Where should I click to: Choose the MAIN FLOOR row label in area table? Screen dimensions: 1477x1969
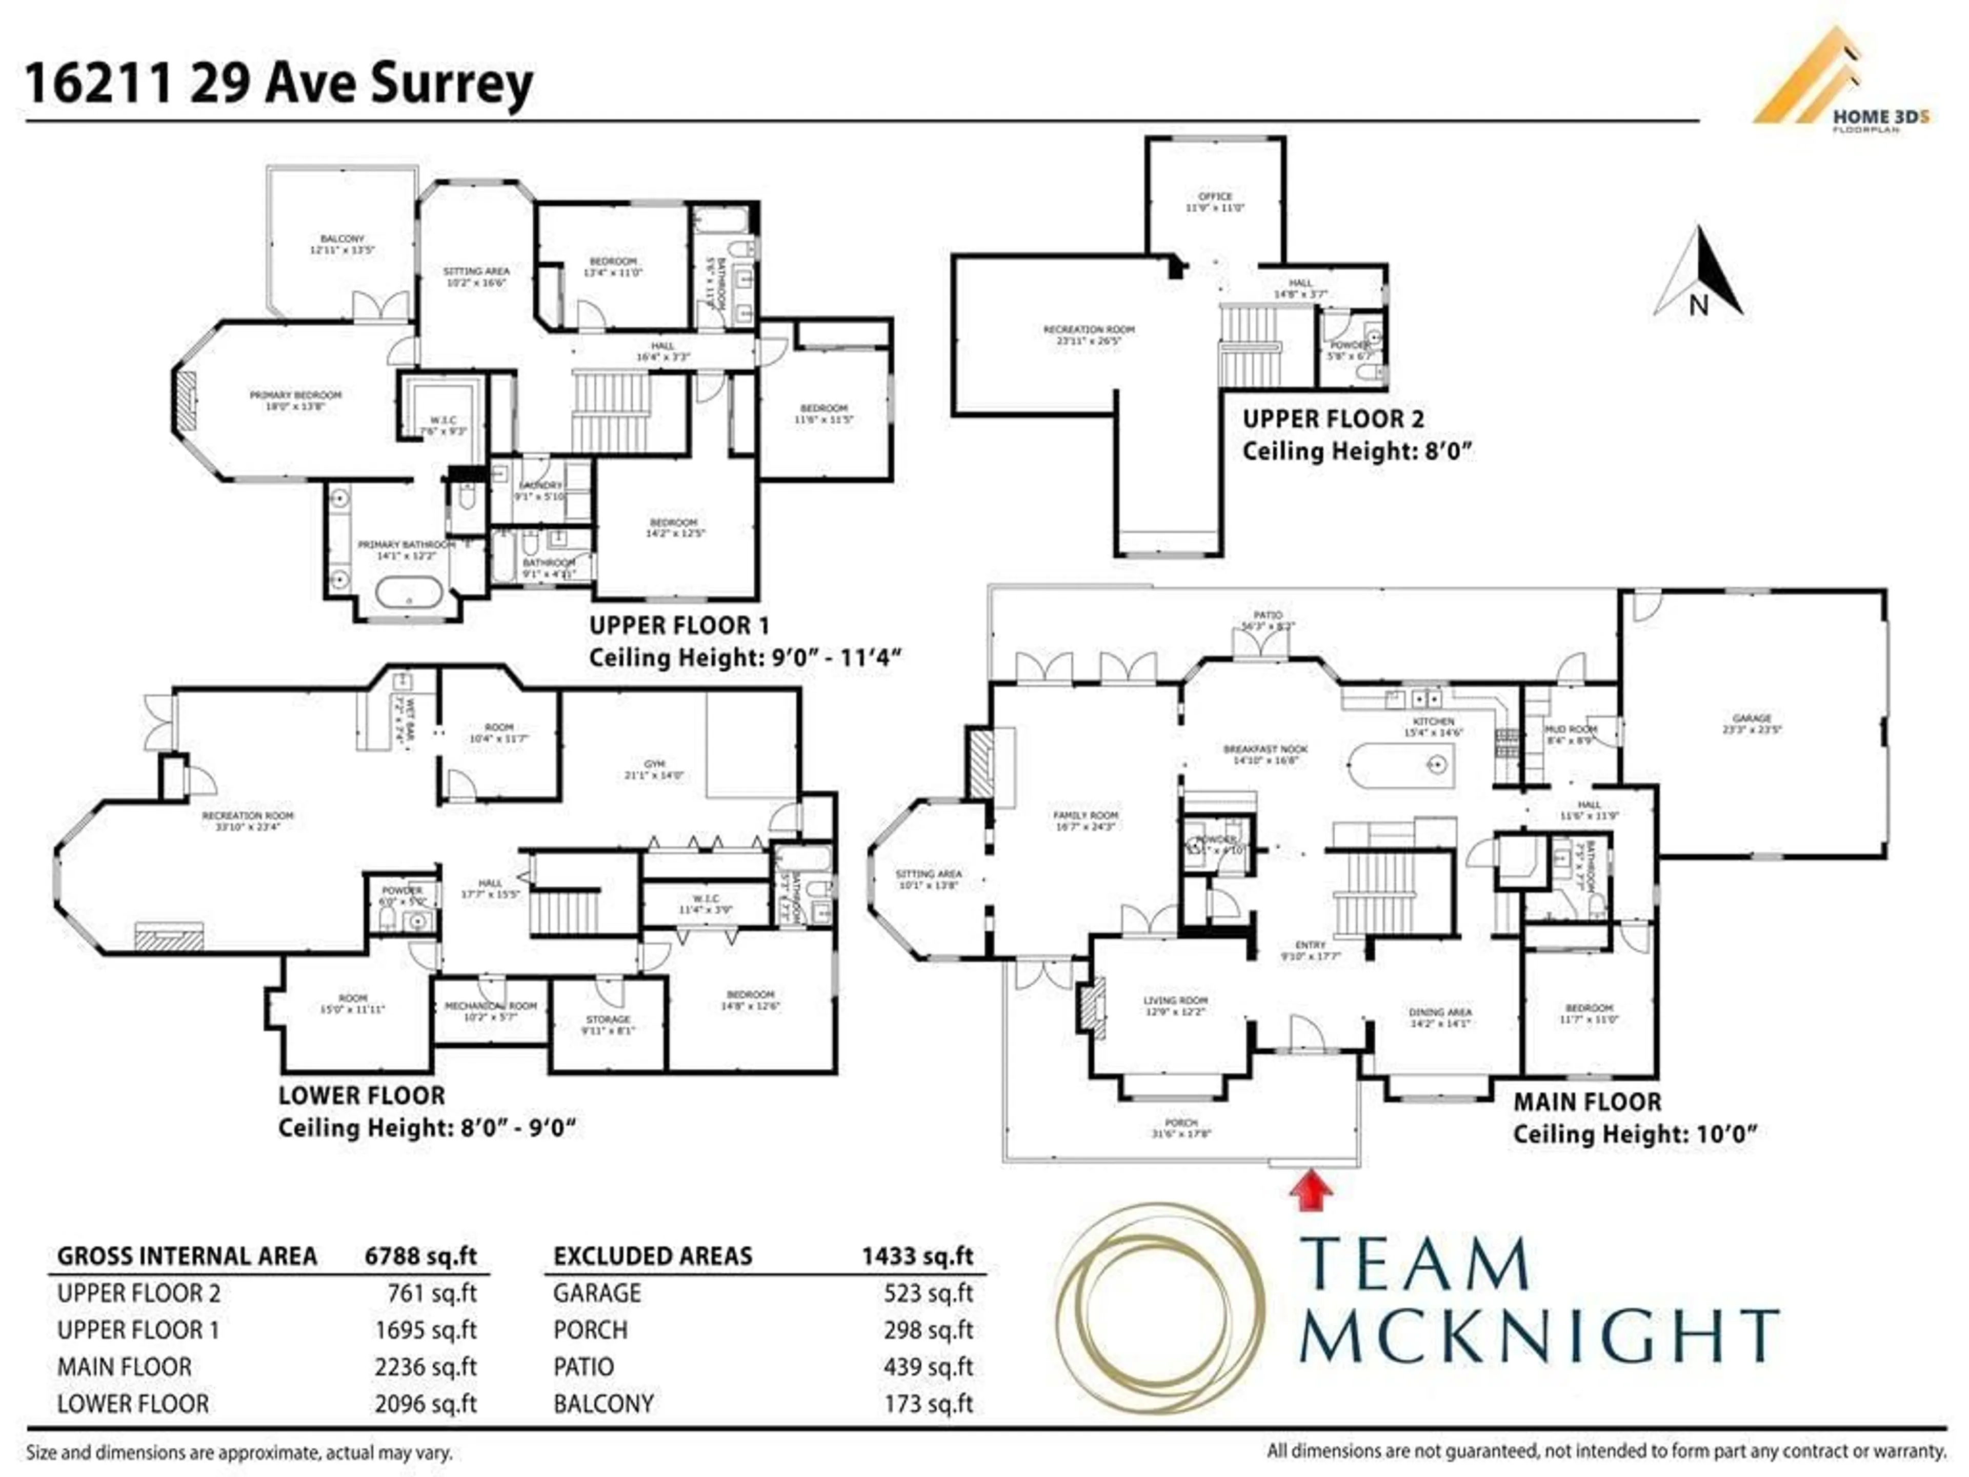click(x=125, y=1367)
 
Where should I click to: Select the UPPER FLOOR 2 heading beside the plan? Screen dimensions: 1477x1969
click(x=1333, y=418)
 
